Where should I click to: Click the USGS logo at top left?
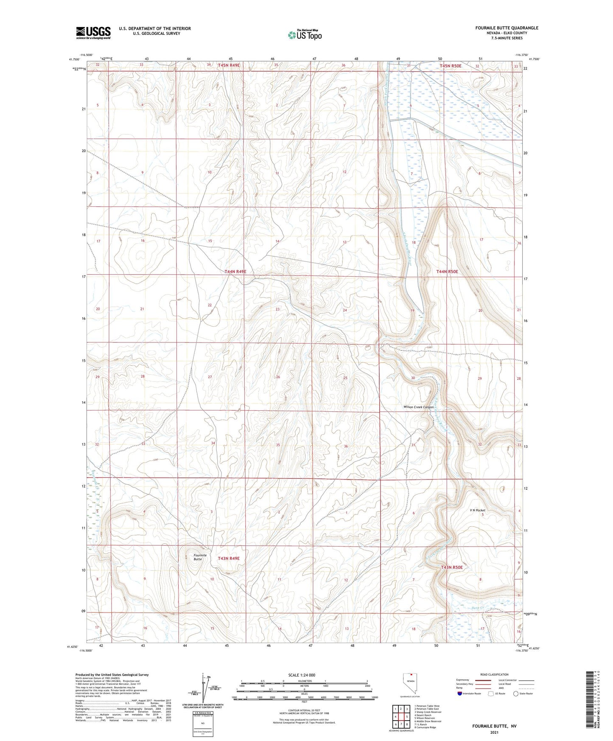(x=93, y=33)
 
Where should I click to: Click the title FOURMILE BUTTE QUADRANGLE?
(x=507, y=28)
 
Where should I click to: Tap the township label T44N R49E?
(x=235, y=271)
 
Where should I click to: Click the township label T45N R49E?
(x=229, y=65)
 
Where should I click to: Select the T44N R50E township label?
(x=448, y=271)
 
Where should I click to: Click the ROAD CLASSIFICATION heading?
(x=494, y=674)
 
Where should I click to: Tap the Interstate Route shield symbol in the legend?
(x=460, y=693)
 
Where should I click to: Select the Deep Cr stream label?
(x=478, y=608)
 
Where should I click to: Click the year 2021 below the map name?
(x=494, y=732)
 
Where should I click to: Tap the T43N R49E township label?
(x=229, y=559)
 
